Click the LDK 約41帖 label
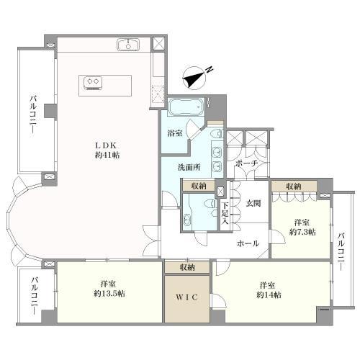click(x=107, y=150)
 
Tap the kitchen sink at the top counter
click(x=128, y=45)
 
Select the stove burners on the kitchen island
click(x=93, y=83)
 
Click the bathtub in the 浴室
click(x=186, y=106)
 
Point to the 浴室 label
click(x=175, y=133)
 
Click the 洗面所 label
click(x=189, y=167)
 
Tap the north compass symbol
click(x=194, y=78)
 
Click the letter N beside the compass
click(x=210, y=69)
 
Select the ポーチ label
click(x=246, y=164)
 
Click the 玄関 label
click(x=253, y=204)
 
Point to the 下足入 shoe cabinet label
click(x=225, y=213)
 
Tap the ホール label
click(x=248, y=243)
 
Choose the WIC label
click(x=187, y=297)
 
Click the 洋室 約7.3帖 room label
click(x=302, y=227)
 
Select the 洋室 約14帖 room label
click(x=269, y=290)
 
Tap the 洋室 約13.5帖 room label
click(x=109, y=289)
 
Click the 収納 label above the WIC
click(x=187, y=267)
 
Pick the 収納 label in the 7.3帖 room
click(x=294, y=186)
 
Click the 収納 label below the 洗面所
click(x=199, y=186)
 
